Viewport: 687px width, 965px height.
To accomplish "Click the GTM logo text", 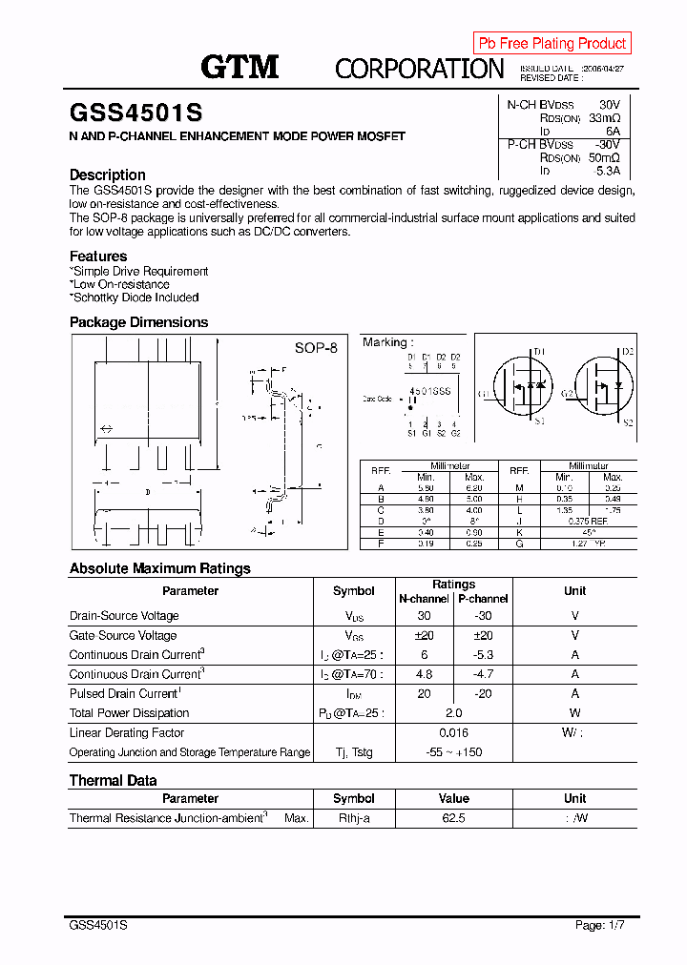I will click(x=239, y=67).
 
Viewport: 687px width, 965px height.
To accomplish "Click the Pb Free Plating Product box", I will click(x=552, y=43).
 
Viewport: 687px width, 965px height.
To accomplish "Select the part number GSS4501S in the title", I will click(x=135, y=113).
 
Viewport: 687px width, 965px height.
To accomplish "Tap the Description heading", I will click(x=108, y=175).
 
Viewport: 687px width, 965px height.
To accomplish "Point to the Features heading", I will click(x=98, y=256).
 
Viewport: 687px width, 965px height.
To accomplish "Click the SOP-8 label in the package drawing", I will click(x=316, y=348).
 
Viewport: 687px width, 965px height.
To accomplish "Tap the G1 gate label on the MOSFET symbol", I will click(x=485, y=394).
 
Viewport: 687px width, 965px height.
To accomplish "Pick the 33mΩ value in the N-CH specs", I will click(x=604, y=118).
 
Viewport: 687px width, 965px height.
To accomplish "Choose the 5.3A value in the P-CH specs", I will click(x=607, y=172).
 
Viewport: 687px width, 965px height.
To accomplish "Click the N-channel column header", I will click(x=424, y=599).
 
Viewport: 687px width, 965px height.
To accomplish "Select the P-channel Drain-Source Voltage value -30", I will click(x=483, y=616).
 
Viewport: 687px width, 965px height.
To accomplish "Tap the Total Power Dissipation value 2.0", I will click(x=453, y=712).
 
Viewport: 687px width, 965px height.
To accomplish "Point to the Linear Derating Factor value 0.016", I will click(x=453, y=732).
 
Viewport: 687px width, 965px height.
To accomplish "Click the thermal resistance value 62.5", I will click(x=453, y=818).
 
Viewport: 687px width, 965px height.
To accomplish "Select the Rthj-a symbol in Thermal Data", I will click(x=353, y=818).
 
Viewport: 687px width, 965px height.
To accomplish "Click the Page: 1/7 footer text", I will click(x=603, y=925).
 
